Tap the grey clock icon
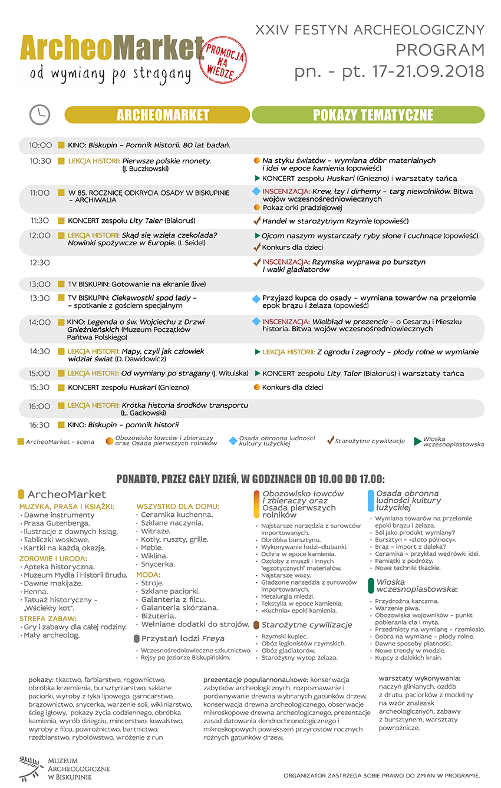click(39, 114)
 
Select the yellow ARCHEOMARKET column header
click(157, 115)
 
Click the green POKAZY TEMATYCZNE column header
click(368, 115)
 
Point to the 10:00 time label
click(41, 145)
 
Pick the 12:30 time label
click(41, 263)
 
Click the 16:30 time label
click(41, 425)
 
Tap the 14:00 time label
click(41, 322)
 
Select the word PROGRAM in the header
click(440, 50)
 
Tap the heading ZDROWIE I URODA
click(53, 558)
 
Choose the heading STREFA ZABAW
click(48, 618)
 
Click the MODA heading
click(148, 574)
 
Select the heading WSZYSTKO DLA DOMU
click(178, 506)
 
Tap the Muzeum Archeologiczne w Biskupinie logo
click(55, 769)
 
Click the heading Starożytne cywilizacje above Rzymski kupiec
click(306, 625)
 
